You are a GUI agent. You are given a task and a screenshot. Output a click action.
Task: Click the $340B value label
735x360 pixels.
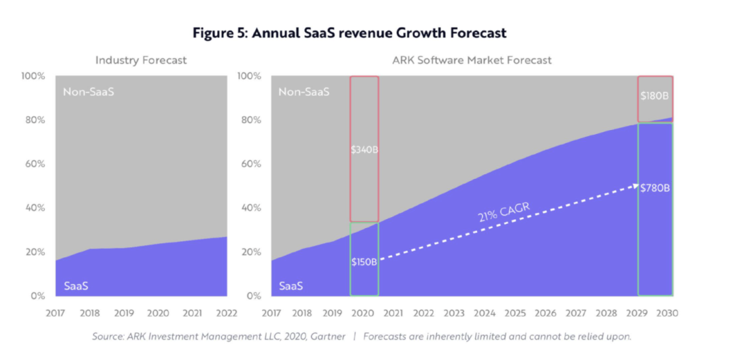364,150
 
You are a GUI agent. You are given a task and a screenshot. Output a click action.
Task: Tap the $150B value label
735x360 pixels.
364,262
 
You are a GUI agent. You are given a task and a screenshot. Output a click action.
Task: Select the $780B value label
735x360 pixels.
655,187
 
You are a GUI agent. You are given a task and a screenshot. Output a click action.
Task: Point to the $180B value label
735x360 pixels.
655,96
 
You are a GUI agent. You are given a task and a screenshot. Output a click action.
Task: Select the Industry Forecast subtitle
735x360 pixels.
141,60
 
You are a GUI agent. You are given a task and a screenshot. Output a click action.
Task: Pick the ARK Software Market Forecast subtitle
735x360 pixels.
472,60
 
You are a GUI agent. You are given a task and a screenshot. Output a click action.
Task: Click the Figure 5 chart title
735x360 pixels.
350,33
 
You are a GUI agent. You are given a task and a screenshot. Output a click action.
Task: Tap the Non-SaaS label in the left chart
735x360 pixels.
88,92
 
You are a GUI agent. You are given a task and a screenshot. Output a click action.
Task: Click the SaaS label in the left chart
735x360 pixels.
76,286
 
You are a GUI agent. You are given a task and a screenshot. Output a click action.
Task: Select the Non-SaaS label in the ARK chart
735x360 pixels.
304,92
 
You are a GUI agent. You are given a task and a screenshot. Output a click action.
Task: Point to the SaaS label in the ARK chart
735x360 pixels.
291,286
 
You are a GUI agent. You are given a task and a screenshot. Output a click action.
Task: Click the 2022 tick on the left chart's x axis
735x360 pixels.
226,313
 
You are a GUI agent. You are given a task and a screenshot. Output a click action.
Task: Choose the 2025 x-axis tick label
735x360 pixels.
515,313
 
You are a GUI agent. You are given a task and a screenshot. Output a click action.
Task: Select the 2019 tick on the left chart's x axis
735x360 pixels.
124,313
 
